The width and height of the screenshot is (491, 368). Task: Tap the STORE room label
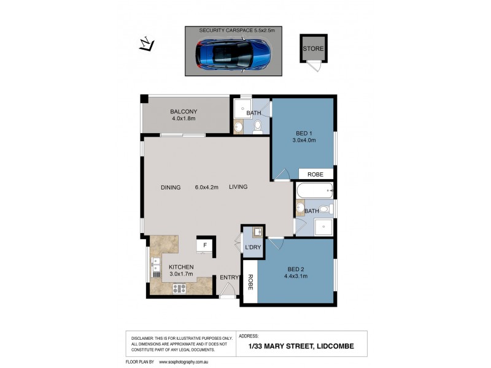pos(312,48)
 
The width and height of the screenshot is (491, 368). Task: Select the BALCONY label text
pos(183,112)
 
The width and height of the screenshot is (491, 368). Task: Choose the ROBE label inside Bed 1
pos(315,175)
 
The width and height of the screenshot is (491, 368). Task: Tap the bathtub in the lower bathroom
pos(314,191)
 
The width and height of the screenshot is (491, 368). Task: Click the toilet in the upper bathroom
pos(258,127)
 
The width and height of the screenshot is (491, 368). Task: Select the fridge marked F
pos(205,245)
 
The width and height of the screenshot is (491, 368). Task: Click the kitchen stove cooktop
pos(179,288)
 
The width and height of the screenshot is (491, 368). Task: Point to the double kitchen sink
pos(156,267)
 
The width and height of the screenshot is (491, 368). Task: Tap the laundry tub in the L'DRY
pos(258,232)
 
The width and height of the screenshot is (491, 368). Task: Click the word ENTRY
pos(229,278)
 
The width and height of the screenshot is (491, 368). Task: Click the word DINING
pos(171,188)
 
